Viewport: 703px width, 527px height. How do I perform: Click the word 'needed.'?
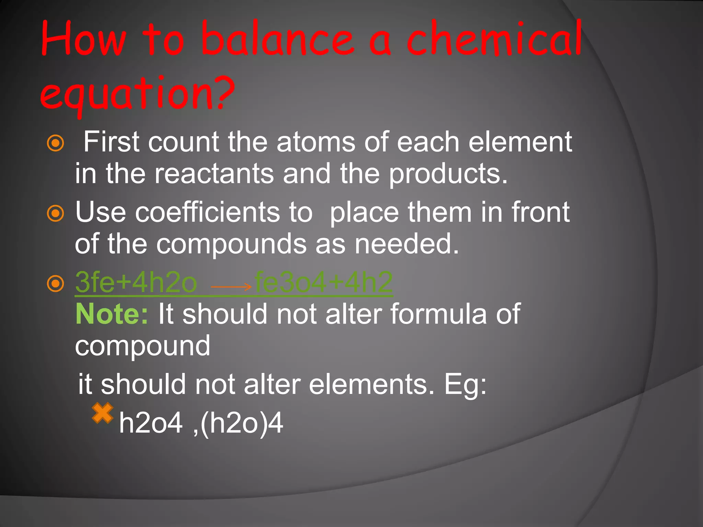[407, 244]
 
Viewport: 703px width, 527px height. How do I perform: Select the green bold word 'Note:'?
[112, 314]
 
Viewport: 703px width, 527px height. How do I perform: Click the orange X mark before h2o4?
[102, 413]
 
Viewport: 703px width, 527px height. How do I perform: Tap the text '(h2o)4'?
[242, 423]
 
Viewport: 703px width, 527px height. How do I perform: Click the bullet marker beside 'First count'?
[55, 143]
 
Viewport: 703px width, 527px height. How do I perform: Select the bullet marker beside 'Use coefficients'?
[55, 213]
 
